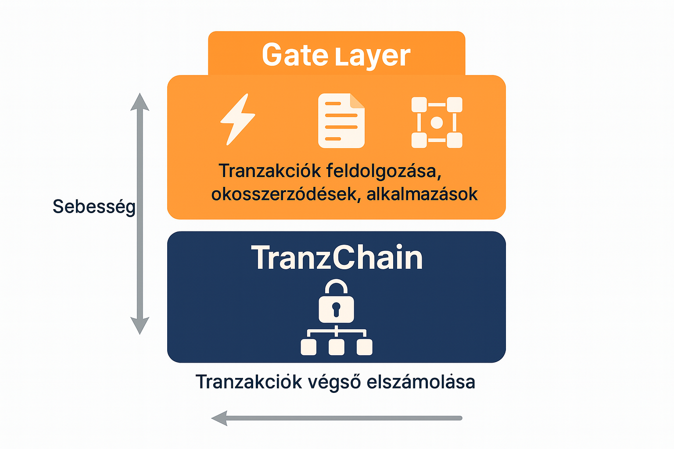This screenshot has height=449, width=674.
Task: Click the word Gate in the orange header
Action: pos(294,55)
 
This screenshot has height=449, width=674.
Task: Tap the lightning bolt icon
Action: pos(237,119)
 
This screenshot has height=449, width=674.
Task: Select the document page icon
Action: pos(341,121)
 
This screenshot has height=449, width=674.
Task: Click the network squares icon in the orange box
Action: pos(437,122)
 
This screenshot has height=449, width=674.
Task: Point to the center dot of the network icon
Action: pos(437,123)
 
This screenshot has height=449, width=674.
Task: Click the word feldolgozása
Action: pos(383,171)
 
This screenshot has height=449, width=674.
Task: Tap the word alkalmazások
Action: pos(422,194)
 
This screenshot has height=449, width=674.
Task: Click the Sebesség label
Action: pos(94,207)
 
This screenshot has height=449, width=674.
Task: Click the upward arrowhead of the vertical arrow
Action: pos(140,102)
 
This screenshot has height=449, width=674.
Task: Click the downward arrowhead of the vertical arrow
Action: pos(140,326)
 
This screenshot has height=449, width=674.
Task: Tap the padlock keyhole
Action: pos(336,309)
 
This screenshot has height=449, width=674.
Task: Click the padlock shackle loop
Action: pos(336,287)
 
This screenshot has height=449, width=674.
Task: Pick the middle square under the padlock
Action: pos(337,347)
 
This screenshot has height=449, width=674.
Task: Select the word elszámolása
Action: pos(420,382)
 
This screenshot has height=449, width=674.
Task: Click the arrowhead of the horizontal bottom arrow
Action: pos(219,418)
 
